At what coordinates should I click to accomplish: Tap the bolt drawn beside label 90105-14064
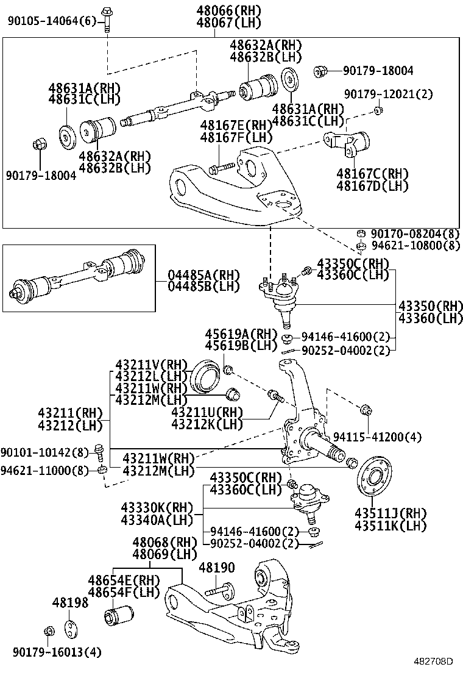[x=108, y=18]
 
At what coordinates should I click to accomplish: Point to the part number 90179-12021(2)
[x=388, y=94]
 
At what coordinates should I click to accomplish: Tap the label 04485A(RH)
[x=195, y=274]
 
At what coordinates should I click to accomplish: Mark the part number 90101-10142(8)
[x=44, y=452]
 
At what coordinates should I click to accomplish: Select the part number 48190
[x=217, y=568]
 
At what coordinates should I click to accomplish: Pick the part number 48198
[x=70, y=602]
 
